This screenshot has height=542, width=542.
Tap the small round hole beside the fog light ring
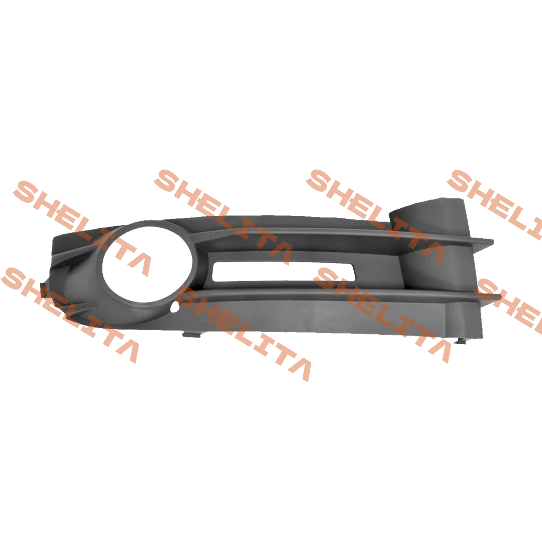click(x=175, y=308)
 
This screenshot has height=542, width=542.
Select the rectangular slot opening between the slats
click(x=283, y=271)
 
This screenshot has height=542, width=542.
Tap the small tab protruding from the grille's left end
click(x=43, y=290)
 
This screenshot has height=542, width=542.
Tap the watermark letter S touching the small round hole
click(x=190, y=298)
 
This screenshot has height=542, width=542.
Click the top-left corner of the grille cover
click(x=54, y=237)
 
